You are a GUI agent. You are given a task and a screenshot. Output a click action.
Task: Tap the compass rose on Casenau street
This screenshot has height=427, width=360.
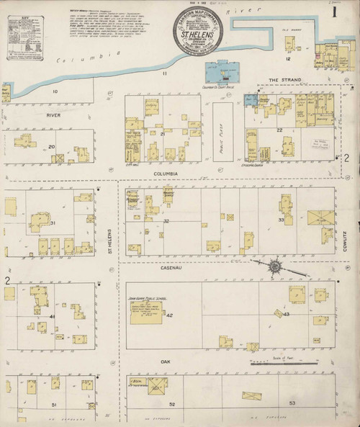click(275, 267)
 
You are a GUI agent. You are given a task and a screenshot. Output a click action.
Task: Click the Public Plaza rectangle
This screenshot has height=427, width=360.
click(223, 130)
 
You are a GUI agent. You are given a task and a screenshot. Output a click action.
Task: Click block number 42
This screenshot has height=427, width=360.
click(170, 315)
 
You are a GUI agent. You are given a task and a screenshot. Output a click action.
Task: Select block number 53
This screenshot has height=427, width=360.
click(292, 403)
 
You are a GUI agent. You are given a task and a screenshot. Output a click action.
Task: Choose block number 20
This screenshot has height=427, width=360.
click(51, 147)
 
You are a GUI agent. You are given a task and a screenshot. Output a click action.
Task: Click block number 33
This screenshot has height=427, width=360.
click(281, 219)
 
